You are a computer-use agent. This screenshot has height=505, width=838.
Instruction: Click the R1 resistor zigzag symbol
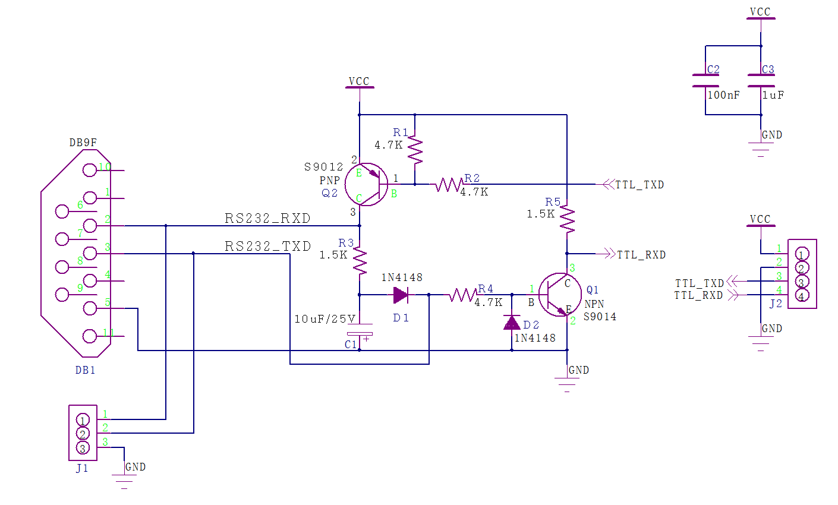415,151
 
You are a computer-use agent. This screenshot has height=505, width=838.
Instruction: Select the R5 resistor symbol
567,219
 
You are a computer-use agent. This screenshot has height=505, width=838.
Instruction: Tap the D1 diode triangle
400,295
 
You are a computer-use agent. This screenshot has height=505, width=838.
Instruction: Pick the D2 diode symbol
512,323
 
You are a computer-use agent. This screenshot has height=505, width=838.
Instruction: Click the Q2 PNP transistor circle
366,185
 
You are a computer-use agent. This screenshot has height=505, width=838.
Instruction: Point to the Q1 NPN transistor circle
560,295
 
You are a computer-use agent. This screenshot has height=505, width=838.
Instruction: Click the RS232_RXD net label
267,219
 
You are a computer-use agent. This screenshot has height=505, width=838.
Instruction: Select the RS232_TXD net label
268,247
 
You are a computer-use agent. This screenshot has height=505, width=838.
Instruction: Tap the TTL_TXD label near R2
639,185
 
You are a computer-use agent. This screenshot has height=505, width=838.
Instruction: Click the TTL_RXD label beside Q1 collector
641,255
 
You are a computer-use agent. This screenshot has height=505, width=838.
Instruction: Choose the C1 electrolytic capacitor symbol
360,334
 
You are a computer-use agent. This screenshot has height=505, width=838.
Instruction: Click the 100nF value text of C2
723,95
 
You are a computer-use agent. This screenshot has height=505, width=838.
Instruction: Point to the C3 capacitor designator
768,70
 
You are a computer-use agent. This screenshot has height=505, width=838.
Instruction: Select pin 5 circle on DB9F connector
90,308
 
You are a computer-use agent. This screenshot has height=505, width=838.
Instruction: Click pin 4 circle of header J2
801,296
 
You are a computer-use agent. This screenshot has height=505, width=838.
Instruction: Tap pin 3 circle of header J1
83,447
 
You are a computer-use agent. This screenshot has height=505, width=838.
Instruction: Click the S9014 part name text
600,317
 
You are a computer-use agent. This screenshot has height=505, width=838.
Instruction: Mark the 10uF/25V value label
325,319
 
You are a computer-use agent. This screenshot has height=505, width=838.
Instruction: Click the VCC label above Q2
359,81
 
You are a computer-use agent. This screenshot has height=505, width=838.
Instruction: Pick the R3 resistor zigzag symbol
360,261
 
